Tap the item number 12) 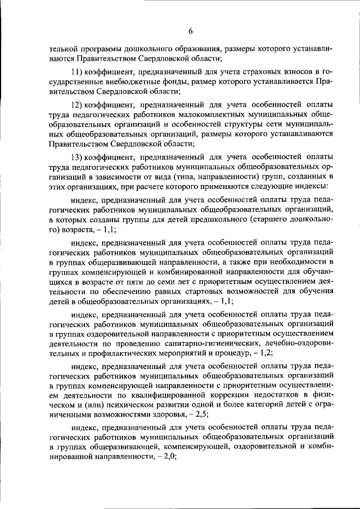pos(77,105)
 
